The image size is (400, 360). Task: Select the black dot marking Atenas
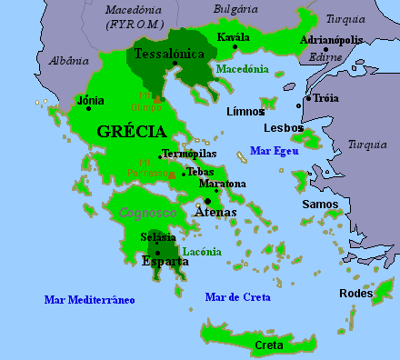coord(208,201)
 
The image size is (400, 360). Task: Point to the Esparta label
coord(165,261)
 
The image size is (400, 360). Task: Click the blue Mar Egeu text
coord(274,150)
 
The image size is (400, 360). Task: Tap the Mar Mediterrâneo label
coord(89,298)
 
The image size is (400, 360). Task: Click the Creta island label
coord(269,345)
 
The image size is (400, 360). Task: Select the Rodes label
coord(355,293)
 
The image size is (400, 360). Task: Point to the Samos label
coord(319,204)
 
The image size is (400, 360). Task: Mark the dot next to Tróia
coord(309,98)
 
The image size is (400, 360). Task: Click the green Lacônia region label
coord(202,251)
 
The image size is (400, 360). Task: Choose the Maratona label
coord(223,184)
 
